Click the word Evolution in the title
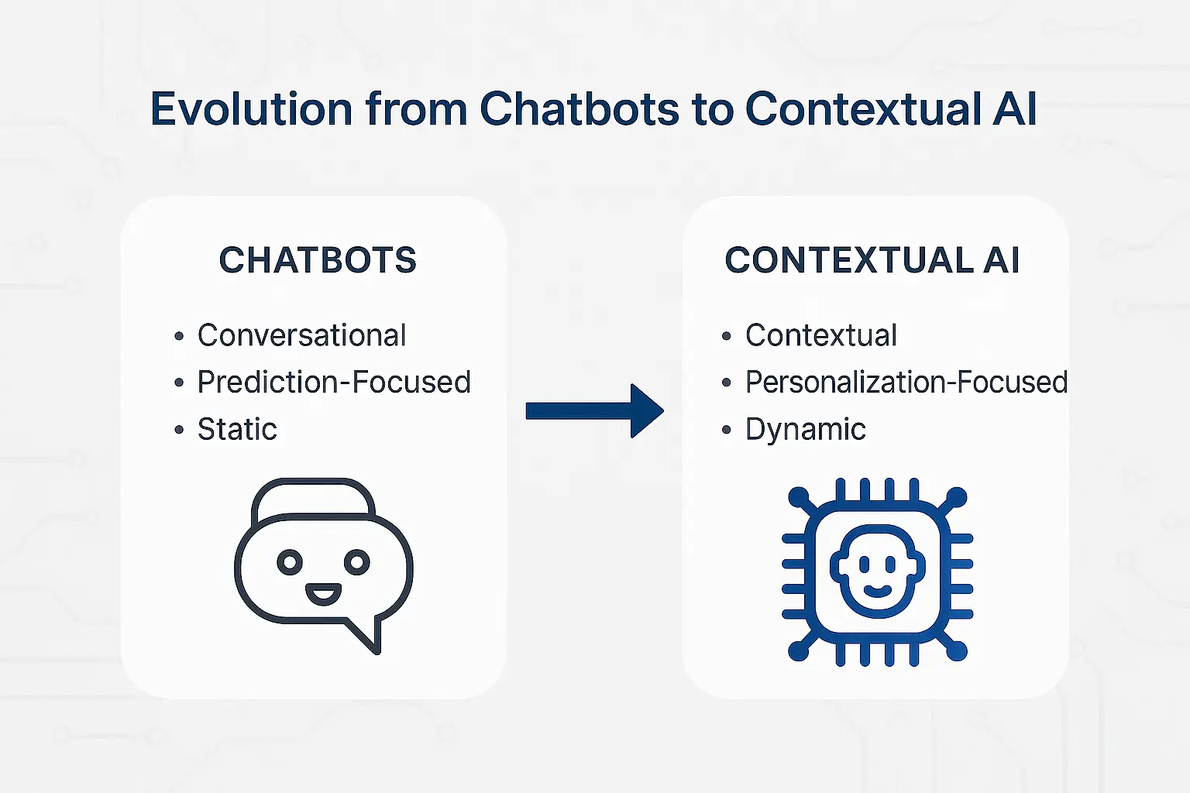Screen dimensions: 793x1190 [252, 109]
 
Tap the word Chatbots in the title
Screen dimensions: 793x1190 [580, 109]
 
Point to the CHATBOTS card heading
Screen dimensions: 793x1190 [318, 260]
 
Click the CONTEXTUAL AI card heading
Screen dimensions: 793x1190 [872, 260]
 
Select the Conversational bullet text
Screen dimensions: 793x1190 [301, 335]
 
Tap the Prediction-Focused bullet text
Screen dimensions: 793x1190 [334, 382]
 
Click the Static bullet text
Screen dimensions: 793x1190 [237, 429]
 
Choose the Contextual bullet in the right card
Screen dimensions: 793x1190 [821, 335]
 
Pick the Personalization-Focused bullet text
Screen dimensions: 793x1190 [906, 382]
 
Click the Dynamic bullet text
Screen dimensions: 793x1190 [806, 429]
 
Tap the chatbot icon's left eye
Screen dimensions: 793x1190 [290, 562]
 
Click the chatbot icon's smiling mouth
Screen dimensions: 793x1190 [323, 595]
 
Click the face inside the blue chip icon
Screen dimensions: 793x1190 [876, 570]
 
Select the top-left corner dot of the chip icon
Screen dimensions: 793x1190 [799, 496]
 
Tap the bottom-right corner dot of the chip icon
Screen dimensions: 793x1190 [957, 651]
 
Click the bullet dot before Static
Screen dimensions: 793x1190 [180, 430]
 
